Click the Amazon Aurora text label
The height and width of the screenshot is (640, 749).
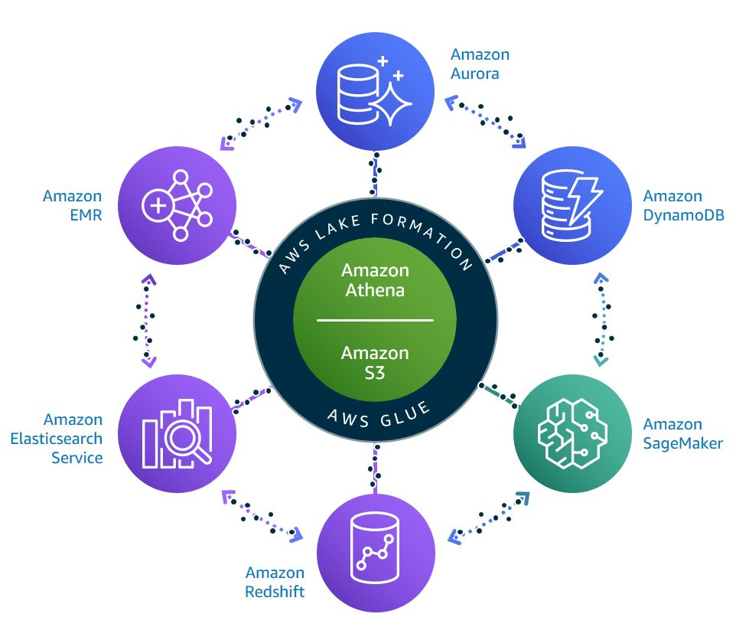tap(480, 64)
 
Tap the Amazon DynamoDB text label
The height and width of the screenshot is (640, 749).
tap(672, 206)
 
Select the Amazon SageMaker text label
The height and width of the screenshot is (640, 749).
tap(682, 433)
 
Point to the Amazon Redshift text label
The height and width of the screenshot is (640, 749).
tap(275, 582)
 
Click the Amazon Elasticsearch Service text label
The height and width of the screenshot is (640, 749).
tap(57, 439)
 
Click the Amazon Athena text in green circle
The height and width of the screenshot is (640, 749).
tap(375, 280)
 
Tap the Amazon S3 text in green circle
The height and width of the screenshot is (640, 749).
tap(375, 362)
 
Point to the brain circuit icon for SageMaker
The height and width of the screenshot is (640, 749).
tap(572, 433)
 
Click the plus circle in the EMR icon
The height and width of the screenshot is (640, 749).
tap(158, 206)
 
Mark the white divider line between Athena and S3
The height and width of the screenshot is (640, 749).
tap(375, 320)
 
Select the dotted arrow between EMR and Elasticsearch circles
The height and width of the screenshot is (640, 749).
tap(146, 320)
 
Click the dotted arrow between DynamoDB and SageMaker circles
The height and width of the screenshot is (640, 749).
tap(603, 320)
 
